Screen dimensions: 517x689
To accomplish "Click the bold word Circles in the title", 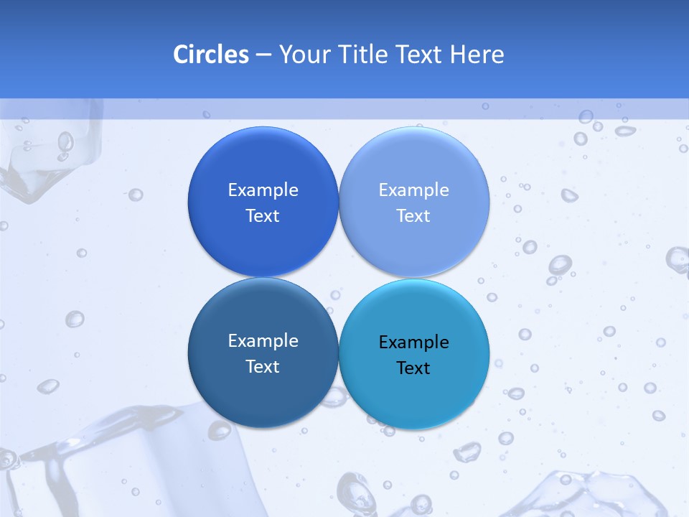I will click(210, 55).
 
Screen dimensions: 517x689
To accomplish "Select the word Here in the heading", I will click(477, 55).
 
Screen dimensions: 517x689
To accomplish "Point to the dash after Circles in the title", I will click(263, 55).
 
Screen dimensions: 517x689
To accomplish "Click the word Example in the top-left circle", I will click(263, 190).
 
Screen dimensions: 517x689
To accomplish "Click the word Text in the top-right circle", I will click(413, 216).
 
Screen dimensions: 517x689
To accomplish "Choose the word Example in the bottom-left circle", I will click(263, 341).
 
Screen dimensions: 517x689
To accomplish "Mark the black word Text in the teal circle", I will click(413, 368).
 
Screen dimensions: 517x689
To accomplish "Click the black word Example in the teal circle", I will click(413, 343).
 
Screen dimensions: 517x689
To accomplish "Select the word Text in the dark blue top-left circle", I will click(263, 216).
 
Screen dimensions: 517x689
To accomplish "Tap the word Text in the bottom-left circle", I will click(263, 367).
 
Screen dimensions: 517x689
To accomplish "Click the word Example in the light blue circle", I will click(413, 190).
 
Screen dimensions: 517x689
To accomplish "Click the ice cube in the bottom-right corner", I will click(589, 495).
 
